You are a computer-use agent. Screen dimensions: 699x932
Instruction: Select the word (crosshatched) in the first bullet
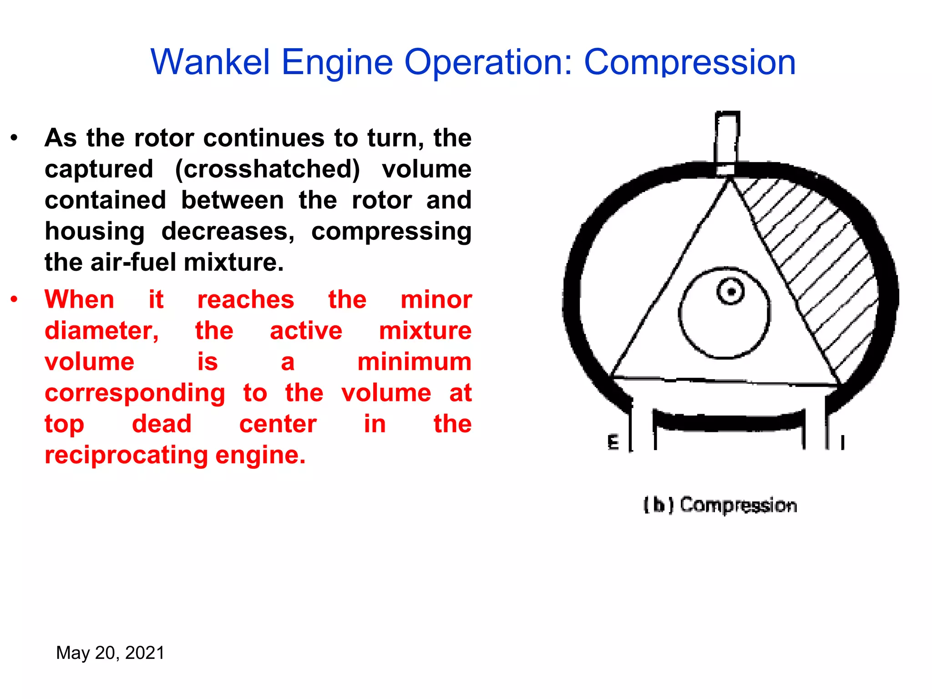tap(268, 169)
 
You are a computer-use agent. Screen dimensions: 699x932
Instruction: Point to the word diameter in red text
tap(101, 331)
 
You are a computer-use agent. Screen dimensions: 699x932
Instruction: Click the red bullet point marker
tap(15, 299)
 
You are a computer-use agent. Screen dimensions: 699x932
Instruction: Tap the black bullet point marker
tap(15, 137)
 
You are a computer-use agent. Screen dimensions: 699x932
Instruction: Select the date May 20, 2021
tap(110, 653)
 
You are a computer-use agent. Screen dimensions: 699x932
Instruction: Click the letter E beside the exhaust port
tap(613, 442)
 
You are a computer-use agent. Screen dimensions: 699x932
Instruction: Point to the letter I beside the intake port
tap(842, 442)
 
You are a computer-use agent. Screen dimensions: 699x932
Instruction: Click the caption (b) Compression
tap(720, 505)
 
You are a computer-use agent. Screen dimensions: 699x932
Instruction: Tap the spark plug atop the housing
tap(727, 141)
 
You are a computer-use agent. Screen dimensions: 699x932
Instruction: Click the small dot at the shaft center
tap(731, 292)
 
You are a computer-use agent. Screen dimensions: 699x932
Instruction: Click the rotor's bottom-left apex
tap(611, 376)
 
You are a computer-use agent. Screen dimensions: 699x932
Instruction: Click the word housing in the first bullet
tap(95, 232)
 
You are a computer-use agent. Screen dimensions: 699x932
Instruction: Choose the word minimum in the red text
tap(414, 362)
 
